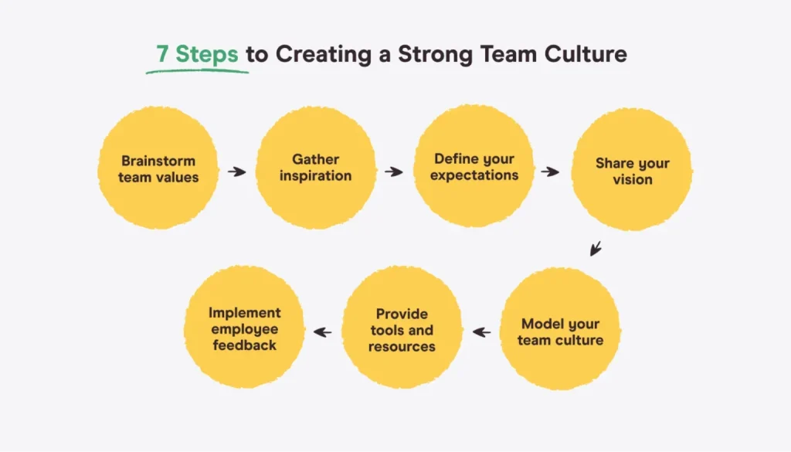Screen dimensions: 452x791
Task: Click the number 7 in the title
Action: (x=161, y=55)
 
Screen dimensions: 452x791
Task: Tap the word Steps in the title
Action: (x=208, y=55)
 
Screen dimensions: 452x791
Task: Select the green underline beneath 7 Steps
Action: (x=198, y=70)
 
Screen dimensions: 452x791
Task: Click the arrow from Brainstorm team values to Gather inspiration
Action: (x=237, y=171)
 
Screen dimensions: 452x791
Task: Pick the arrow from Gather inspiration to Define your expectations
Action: (x=394, y=171)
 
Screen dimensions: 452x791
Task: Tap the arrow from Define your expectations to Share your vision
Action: (x=550, y=171)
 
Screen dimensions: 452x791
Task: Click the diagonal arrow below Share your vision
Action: (x=595, y=249)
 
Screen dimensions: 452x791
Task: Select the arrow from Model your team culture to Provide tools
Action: (x=482, y=332)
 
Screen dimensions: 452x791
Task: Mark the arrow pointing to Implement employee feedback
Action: (x=323, y=332)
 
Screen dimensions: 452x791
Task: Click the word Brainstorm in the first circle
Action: (x=158, y=161)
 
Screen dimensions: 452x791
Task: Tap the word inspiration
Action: (x=315, y=176)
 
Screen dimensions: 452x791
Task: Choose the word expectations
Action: (x=474, y=175)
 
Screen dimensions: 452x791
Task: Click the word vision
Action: (x=633, y=180)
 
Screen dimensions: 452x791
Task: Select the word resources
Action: (x=402, y=346)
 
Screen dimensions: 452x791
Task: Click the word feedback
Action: (x=245, y=345)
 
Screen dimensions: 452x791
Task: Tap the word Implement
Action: (x=245, y=313)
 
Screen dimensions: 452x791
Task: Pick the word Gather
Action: (x=315, y=160)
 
